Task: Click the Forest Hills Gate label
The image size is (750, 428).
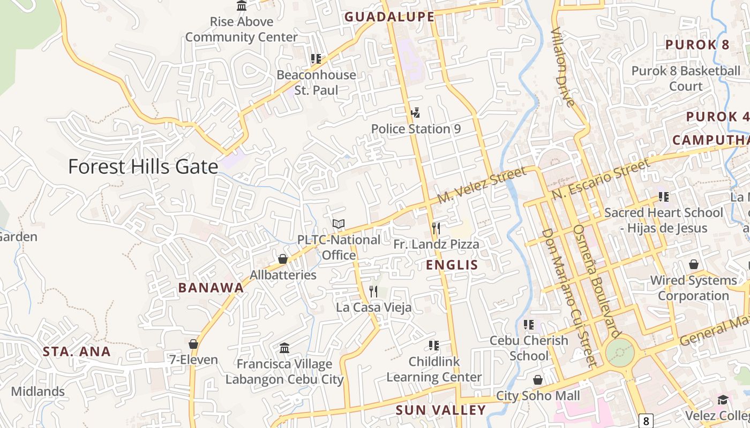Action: pos(143,167)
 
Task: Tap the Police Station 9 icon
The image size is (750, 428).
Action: pos(415,113)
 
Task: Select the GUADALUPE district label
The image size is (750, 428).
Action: pos(389,17)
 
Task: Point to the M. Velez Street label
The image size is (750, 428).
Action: pos(482,185)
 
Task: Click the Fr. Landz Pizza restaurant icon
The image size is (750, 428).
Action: pos(436,228)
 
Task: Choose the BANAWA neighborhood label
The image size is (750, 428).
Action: pos(211,288)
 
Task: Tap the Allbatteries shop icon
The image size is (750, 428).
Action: pos(283,259)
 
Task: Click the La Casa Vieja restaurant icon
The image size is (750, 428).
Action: pos(373,292)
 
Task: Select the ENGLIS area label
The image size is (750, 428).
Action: pos(452,265)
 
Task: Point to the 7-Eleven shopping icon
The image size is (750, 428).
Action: pos(193,344)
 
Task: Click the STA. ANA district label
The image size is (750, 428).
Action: pos(77,351)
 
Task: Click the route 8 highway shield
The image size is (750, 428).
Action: pos(647,421)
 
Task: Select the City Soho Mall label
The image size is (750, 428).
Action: pos(538,396)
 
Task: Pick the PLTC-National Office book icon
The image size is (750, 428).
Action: pos(339,224)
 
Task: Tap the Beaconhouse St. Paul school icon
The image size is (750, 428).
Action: pos(316,59)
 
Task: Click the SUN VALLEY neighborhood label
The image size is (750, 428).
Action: pos(440,410)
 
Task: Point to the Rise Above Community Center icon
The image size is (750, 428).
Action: pos(242,6)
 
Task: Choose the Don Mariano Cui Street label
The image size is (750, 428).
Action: pos(568,297)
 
